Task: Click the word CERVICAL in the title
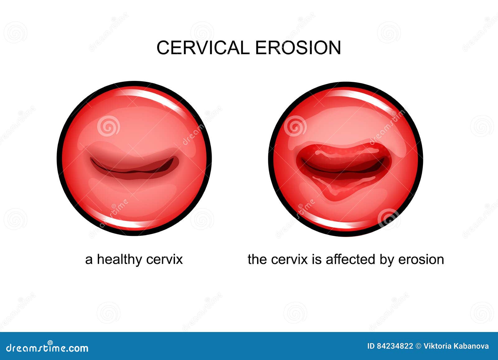pyautogui.click(x=203, y=48)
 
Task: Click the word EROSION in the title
pyautogui.click(x=298, y=48)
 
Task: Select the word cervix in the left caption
pyautogui.click(x=165, y=259)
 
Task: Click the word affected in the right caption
pyautogui.click(x=350, y=259)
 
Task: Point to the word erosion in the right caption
pyautogui.click(x=421, y=259)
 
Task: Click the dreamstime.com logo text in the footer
pyautogui.click(x=47, y=348)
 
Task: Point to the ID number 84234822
pyautogui.click(x=390, y=346)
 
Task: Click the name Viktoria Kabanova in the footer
pyautogui.click(x=456, y=346)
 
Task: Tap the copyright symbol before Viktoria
pyautogui.click(x=418, y=346)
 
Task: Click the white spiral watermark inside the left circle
pyautogui.click(x=109, y=126)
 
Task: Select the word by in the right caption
pyautogui.click(x=387, y=259)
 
